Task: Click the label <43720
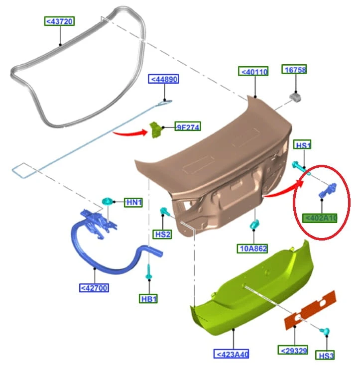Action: coord(59,21)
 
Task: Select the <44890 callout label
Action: coord(164,79)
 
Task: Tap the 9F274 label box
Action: coord(188,126)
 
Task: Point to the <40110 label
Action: coord(253,71)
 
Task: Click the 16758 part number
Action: coord(294,69)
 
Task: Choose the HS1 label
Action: coord(302,145)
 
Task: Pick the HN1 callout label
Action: coord(133,202)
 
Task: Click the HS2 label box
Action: coord(162,234)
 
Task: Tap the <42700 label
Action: coord(94,288)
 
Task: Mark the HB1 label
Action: coord(148,299)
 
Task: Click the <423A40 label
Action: coord(231,354)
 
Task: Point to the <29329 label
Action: coord(293,351)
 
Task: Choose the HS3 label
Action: coord(325,355)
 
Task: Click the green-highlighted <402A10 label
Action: coord(320,218)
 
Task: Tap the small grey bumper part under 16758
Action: coord(295,98)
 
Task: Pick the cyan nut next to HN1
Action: coord(108,201)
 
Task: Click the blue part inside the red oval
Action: coord(328,190)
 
